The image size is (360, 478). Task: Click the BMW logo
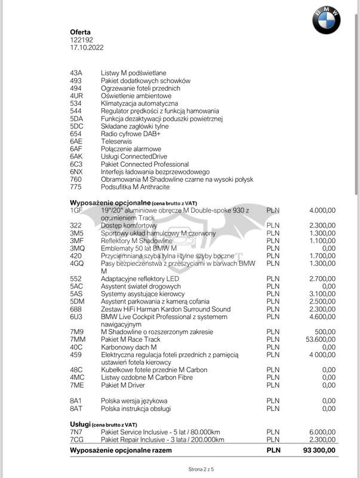[326, 20]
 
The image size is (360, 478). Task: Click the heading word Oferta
[81, 32]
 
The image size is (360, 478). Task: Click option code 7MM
[77, 339]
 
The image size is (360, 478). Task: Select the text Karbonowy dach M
[128, 347]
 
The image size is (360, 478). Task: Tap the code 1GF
[76, 210]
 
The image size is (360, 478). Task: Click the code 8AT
[76, 408]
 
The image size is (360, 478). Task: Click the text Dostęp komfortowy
[129, 225]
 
